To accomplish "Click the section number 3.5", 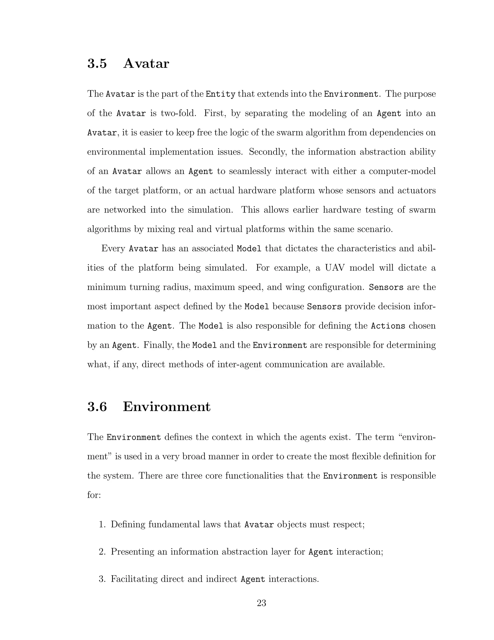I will (x=97, y=64).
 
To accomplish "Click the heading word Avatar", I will (x=146, y=64).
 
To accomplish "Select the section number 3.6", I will (x=97, y=406).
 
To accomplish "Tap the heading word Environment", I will (x=166, y=406).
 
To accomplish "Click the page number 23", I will (x=261, y=603).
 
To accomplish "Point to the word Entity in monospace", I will (x=221, y=94).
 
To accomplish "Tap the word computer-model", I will (x=402, y=171).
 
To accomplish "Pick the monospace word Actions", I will (x=388, y=326).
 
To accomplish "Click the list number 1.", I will (x=102, y=524).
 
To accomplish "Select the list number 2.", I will (x=102, y=552).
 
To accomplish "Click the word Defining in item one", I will (x=128, y=524).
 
